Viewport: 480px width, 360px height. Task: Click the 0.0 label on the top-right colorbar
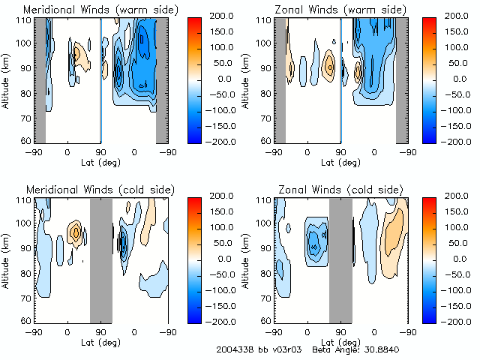[x=457, y=79]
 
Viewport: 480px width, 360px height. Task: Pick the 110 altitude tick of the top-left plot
[x=25, y=19]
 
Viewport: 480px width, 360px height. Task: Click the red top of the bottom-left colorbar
[x=194, y=200]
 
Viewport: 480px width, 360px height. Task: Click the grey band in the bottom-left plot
[x=100, y=259]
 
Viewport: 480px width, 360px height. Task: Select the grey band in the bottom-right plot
[x=340, y=259]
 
